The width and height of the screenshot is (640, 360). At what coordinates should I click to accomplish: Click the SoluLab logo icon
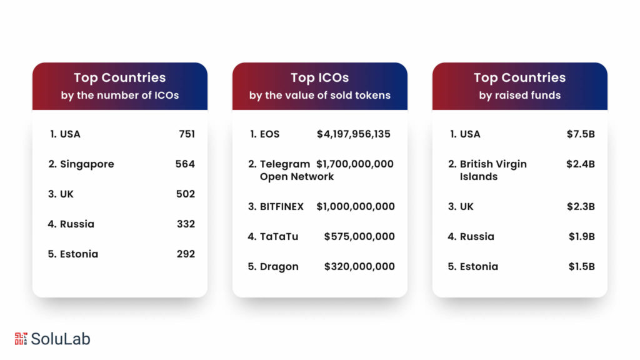point(21,339)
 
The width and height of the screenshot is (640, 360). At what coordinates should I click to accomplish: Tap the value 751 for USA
point(186,134)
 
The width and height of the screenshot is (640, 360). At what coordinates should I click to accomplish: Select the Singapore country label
point(86,164)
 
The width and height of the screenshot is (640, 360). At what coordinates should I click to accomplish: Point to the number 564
point(185,164)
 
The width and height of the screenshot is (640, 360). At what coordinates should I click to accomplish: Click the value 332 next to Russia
point(185,224)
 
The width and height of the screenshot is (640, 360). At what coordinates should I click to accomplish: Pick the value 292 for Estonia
point(185,254)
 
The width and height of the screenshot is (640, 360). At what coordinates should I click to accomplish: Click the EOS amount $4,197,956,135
point(354,134)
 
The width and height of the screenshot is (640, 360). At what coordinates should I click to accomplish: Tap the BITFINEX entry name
point(281,206)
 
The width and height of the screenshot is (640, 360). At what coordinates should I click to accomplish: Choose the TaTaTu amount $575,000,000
point(359,236)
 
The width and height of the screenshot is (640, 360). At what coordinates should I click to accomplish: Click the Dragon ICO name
point(279,266)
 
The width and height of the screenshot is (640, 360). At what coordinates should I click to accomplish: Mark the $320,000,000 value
point(359,266)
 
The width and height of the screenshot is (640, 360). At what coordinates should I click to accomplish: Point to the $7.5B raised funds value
point(581,134)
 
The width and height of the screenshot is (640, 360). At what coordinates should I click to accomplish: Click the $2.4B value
point(581,164)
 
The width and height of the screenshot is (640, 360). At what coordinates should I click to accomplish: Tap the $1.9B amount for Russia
point(581,236)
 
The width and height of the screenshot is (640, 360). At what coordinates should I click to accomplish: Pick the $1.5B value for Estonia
point(581,266)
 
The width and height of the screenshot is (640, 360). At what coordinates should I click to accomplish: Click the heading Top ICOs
point(320,77)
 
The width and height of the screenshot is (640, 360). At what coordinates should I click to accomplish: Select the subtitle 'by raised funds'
point(520,96)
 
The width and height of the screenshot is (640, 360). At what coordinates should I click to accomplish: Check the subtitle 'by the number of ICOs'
point(120,96)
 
